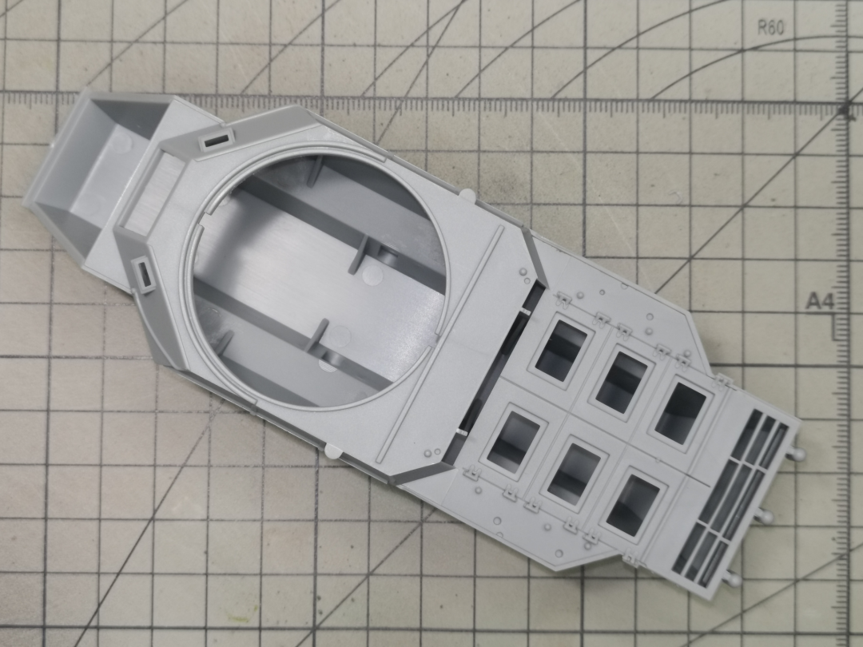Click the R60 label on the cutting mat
pos(770,27)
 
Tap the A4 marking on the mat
pos(821,301)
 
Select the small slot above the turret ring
pos(215,141)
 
